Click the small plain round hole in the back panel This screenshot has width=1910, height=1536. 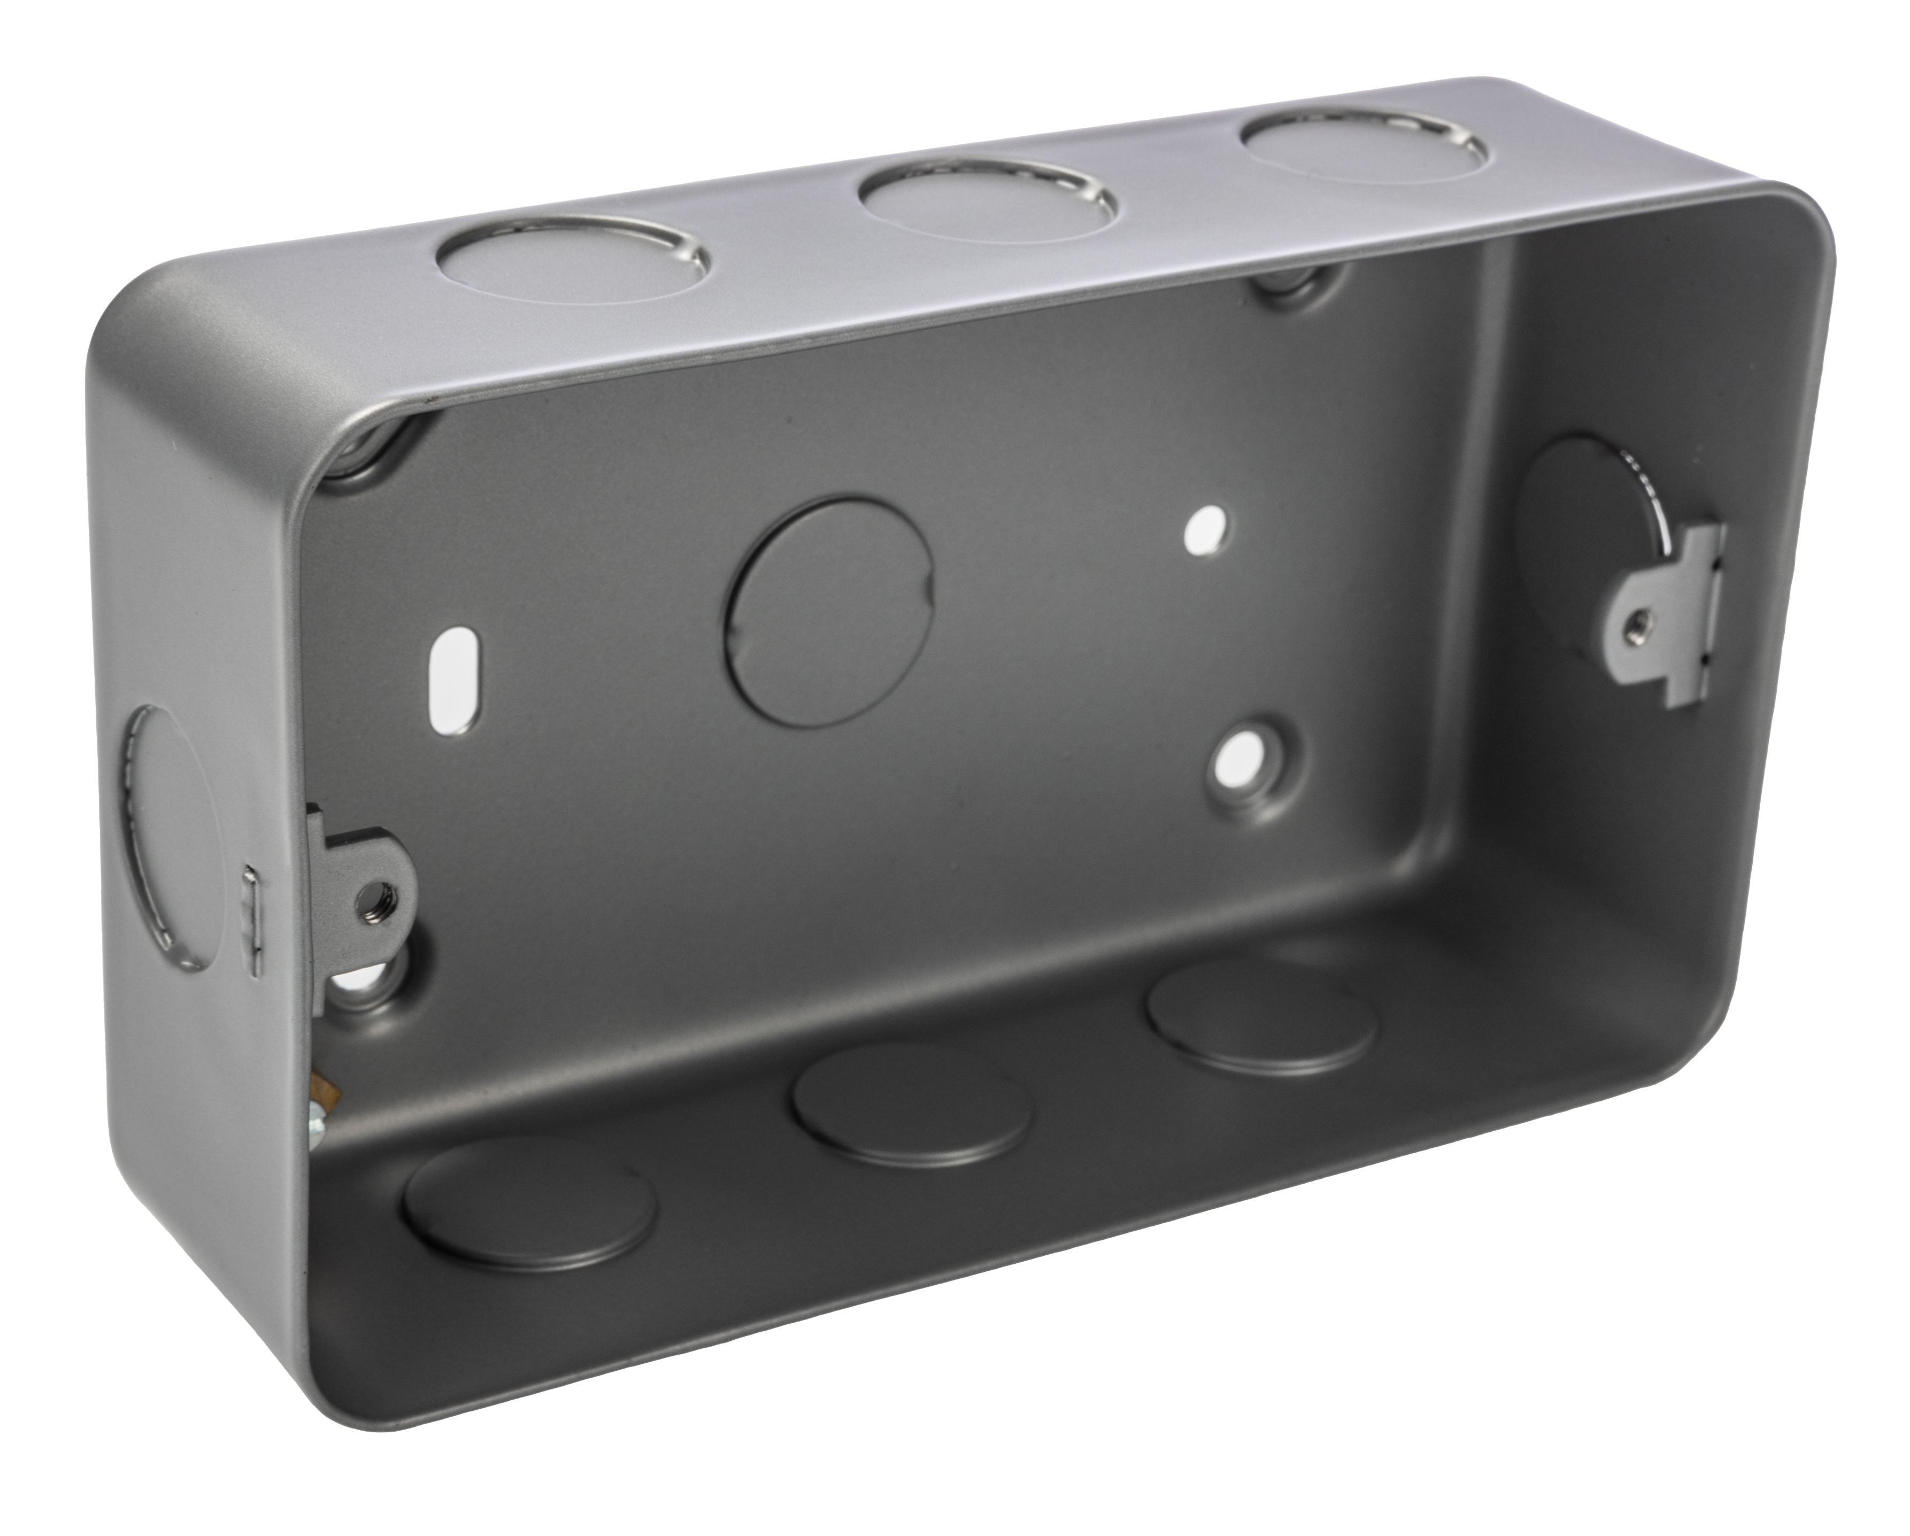coord(1207,530)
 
